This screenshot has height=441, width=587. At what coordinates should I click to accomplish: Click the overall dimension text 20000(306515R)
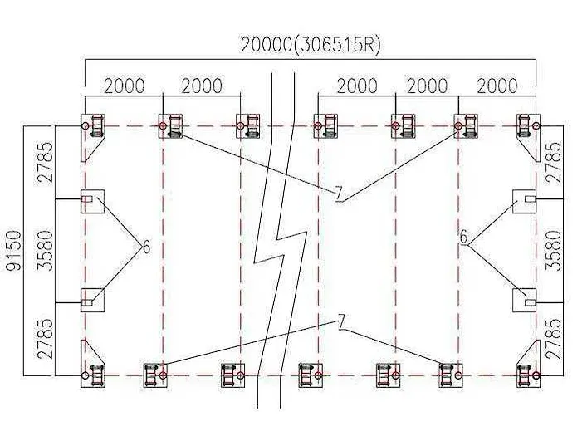click(x=311, y=45)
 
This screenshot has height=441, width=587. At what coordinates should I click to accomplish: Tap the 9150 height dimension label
click(x=15, y=250)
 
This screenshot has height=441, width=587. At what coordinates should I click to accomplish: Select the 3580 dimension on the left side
click(x=46, y=251)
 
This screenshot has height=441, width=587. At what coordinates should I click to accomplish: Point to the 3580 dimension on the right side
click(x=554, y=251)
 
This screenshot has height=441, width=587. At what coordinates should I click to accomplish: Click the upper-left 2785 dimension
click(x=46, y=162)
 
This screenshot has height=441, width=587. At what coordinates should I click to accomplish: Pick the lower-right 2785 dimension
click(x=554, y=339)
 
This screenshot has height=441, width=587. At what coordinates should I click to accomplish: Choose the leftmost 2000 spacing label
click(x=124, y=86)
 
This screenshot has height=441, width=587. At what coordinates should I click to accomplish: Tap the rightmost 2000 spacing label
click(x=497, y=86)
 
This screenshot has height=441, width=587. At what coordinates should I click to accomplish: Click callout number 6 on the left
click(x=146, y=247)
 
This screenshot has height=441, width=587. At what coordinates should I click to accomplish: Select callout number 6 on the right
click(x=463, y=237)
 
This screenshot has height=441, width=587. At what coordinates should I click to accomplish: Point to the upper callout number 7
click(x=339, y=194)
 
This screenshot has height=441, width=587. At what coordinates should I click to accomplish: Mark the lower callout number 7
click(x=341, y=321)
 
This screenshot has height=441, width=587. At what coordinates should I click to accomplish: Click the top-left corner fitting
click(x=92, y=137)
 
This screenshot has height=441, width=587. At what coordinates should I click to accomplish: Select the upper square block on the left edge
click(x=92, y=202)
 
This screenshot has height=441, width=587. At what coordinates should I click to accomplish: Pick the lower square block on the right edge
click(x=524, y=301)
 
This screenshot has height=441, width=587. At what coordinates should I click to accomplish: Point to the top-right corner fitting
click(x=528, y=137)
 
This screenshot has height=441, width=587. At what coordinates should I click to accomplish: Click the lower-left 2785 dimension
click(x=46, y=339)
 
